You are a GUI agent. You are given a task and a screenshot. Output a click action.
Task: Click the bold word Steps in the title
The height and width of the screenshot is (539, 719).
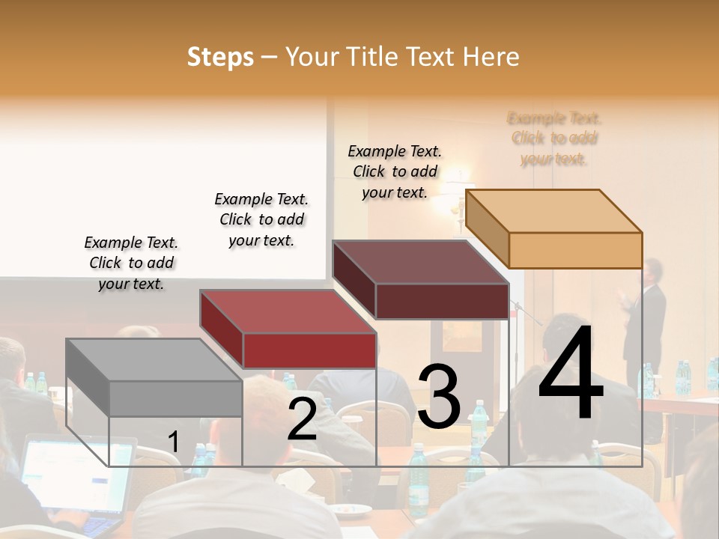(220, 57)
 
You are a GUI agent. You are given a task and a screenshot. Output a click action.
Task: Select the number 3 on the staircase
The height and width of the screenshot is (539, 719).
(439, 396)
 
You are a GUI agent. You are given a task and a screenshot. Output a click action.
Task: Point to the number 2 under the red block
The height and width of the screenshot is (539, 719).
(302, 419)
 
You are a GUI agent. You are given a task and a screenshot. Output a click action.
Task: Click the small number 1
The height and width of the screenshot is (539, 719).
(174, 442)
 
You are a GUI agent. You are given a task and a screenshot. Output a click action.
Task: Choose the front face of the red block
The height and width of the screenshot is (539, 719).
(309, 350)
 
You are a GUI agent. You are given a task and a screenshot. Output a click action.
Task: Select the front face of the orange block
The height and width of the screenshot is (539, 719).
(575, 250)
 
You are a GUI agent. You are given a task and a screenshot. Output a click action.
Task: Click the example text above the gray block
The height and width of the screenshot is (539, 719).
(131, 263)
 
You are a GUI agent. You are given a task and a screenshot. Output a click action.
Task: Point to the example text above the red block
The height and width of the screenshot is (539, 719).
(261, 219)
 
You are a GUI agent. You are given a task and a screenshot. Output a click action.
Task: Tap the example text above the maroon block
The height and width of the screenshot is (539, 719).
(395, 171)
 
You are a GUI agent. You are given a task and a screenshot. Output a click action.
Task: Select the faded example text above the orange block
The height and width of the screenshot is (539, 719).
(554, 138)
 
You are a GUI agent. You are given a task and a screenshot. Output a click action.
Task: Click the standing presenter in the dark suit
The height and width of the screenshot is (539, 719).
(649, 314)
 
